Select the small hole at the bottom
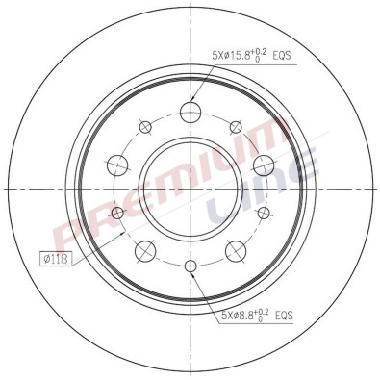[x=190, y=266]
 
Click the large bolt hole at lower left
[x=145, y=250]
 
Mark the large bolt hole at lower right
[x=234, y=250]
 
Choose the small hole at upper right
[x=235, y=125]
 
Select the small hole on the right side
[x=263, y=212]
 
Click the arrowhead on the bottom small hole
[x=192, y=272]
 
